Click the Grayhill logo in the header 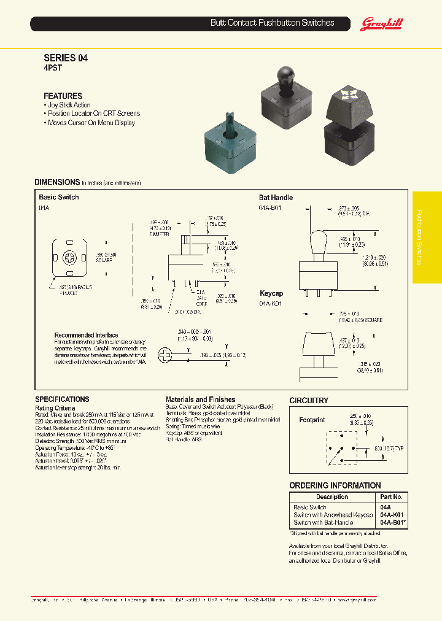point(381,23)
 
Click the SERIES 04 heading point(66,58)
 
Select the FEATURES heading point(63,96)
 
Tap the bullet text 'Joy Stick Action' point(69,105)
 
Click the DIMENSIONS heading point(57,182)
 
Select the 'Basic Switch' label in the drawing point(58,198)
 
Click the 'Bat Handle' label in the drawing point(276,198)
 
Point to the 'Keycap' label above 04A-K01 point(272,294)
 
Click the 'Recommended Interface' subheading point(86,335)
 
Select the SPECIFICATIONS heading point(62,399)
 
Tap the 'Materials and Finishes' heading point(200,399)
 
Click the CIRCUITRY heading point(309,400)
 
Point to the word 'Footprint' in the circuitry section point(312,420)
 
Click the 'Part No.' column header point(391,496)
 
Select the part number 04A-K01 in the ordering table point(391,515)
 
